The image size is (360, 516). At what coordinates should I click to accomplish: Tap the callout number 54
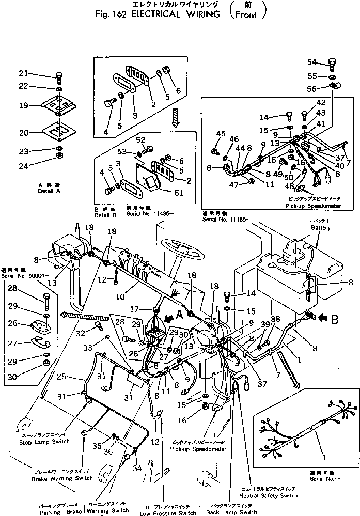(311, 62)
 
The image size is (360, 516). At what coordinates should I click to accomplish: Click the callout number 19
(24, 106)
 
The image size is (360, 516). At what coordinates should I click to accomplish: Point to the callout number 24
(24, 166)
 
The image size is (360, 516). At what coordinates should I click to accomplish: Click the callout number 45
(221, 134)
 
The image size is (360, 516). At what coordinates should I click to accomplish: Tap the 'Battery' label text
(320, 227)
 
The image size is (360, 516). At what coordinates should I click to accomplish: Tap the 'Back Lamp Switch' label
(233, 512)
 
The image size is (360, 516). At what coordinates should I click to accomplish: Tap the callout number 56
(311, 88)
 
